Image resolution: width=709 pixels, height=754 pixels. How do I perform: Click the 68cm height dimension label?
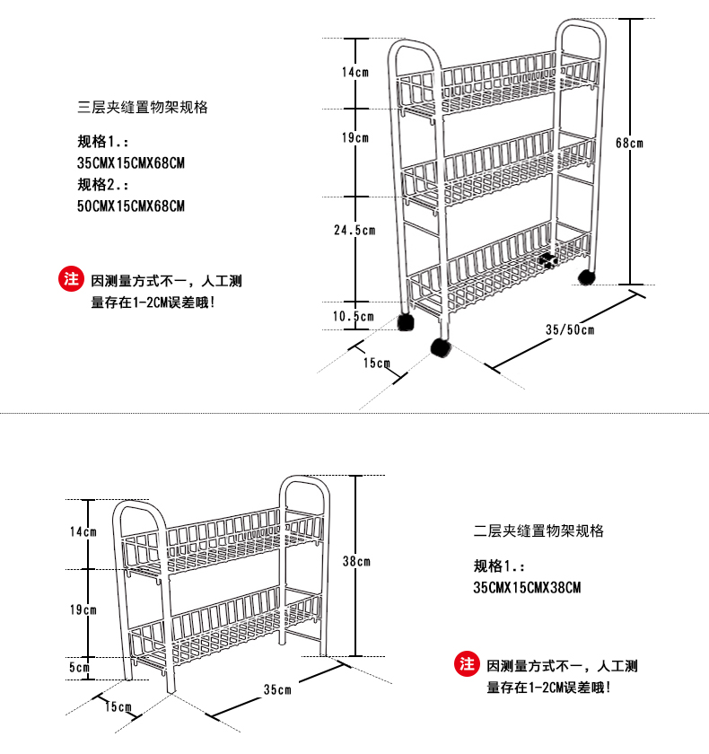point(630,143)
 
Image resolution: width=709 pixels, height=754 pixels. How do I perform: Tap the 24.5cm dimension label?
point(354,230)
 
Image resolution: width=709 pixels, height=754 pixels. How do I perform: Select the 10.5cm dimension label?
point(353,316)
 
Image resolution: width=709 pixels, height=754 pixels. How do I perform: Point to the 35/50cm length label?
point(570,329)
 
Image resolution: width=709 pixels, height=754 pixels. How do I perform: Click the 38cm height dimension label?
point(356,561)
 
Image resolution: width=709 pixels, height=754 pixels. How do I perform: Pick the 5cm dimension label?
point(80,667)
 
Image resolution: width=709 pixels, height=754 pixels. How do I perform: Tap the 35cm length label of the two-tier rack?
point(277,690)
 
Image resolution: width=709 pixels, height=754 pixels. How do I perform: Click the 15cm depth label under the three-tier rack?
point(377,364)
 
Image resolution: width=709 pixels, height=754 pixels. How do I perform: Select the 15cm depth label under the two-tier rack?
point(118,707)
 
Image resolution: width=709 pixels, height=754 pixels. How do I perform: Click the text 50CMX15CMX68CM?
point(132,206)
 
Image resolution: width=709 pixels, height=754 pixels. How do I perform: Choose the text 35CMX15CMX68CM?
point(132,163)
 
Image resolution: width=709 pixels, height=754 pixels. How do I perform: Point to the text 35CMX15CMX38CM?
point(527,588)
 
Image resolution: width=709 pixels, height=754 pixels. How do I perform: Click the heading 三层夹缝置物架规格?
point(143,107)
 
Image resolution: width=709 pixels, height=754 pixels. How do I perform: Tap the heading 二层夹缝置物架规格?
point(538,531)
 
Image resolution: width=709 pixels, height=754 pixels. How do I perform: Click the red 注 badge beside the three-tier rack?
point(71,278)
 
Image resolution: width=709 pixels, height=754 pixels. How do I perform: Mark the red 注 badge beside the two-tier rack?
point(466,664)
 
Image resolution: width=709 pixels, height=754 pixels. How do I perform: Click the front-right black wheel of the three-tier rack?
point(441,348)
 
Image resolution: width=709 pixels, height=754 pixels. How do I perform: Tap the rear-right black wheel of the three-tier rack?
point(585,276)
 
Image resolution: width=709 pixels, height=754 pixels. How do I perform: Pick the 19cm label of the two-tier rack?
point(83,610)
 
